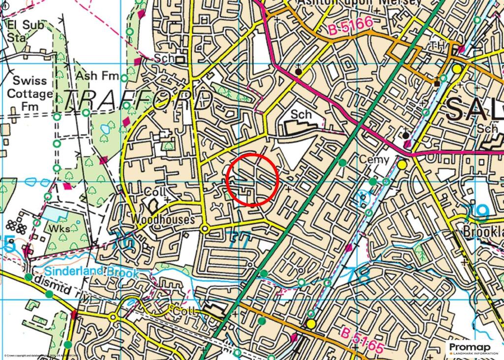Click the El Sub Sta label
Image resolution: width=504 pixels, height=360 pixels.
[26, 30]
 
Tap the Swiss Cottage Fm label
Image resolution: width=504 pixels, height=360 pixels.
[30, 93]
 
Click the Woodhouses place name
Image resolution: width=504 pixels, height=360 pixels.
[163, 220]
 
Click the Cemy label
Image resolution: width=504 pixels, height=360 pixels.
[374, 160]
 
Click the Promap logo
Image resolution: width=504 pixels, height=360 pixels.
[473, 349]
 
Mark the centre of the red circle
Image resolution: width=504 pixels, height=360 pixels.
[252, 179]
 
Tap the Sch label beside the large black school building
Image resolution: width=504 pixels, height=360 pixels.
[301, 114]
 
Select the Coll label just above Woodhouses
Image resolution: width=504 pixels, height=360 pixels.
[156, 191]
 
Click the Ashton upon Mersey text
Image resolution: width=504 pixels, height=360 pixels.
[359, 2]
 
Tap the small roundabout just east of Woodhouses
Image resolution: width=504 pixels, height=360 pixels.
[205, 229]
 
